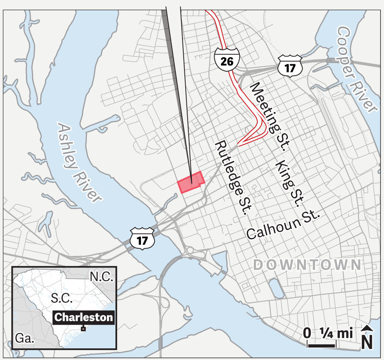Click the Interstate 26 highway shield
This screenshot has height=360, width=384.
(227, 60)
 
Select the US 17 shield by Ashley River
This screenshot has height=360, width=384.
(142, 238)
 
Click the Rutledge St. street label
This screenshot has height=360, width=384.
(232, 177)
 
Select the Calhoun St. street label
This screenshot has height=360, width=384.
(283, 225)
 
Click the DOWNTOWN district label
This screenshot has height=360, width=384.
(307, 265)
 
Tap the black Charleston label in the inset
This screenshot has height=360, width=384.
(84, 317)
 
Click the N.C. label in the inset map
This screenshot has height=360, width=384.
(101, 277)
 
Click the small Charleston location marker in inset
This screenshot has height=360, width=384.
(83, 329)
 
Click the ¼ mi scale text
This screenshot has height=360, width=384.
(336, 332)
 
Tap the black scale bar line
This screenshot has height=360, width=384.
(322, 344)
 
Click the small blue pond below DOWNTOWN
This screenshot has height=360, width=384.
(276, 288)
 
